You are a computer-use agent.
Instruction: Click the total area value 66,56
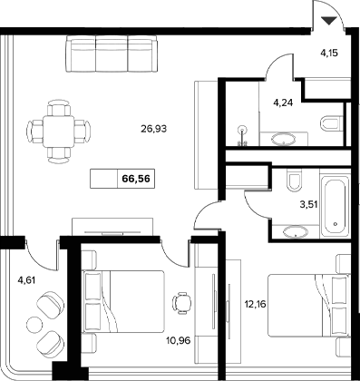click(x=135, y=180)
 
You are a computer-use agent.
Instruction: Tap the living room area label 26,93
click(x=155, y=129)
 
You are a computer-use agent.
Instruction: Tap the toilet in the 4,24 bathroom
click(x=332, y=122)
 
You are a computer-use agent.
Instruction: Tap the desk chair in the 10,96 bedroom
click(x=181, y=299)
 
